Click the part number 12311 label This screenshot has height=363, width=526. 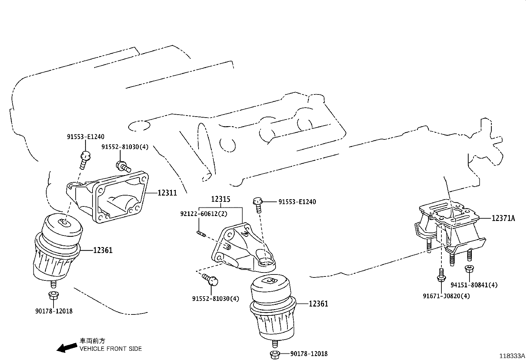(x=167, y=193)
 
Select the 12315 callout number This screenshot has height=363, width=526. (x=221, y=199)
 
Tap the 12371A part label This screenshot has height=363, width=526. (x=503, y=218)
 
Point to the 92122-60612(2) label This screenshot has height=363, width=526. (x=204, y=214)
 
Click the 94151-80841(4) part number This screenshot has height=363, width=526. (x=474, y=285)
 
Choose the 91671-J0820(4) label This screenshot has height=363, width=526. (x=446, y=296)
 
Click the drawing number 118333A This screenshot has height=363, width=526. (x=512, y=356)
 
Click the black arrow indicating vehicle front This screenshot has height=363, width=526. (x=66, y=347)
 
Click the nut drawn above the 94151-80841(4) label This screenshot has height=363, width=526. (x=469, y=269)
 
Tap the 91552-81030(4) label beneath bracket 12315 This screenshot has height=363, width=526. (x=216, y=299)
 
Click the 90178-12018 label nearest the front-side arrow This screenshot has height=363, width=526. (x=54, y=311)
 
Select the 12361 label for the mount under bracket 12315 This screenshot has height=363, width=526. (x=319, y=304)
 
